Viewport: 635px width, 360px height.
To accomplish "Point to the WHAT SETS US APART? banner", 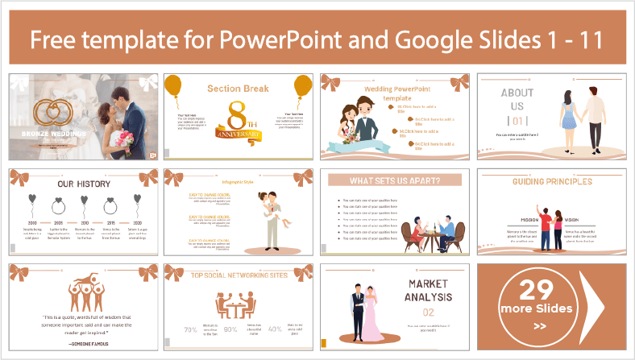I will click(x=394, y=180).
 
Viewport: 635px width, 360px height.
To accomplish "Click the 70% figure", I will click(x=191, y=330).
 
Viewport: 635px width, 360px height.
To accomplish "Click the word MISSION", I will click(x=528, y=219).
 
